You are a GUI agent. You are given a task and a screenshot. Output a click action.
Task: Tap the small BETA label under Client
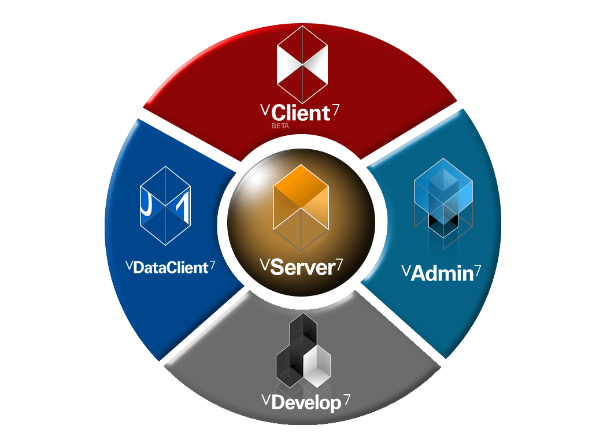pyautogui.click(x=279, y=125)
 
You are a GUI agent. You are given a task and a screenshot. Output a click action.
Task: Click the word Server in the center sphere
pyautogui.click(x=302, y=268)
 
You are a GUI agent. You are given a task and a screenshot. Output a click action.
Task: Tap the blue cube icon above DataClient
pyautogui.click(x=165, y=205)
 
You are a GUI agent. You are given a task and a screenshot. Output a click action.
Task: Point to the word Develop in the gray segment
pyautogui.click(x=306, y=403)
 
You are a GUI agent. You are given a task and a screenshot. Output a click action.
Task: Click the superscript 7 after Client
pyautogui.click(x=334, y=109)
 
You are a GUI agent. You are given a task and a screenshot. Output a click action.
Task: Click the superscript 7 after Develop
pyautogui.click(x=346, y=399)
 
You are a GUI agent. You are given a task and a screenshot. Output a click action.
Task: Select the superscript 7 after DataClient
pyautogui.click(x=212, y=265)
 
